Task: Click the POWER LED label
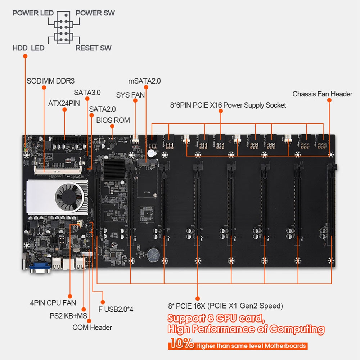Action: [33, 13]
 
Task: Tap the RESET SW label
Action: [93, 48]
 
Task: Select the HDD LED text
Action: [28, 48]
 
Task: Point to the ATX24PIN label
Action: [64, 104]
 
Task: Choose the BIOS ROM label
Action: [113, 120]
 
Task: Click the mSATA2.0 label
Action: [144, 81]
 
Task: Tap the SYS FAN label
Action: [130, 95]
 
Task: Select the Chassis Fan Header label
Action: [322, 94]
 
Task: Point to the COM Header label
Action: [92, 327]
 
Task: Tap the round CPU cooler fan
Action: [69, 197]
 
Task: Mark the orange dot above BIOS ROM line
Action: [112, 126]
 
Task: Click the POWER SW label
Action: [95, 13]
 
